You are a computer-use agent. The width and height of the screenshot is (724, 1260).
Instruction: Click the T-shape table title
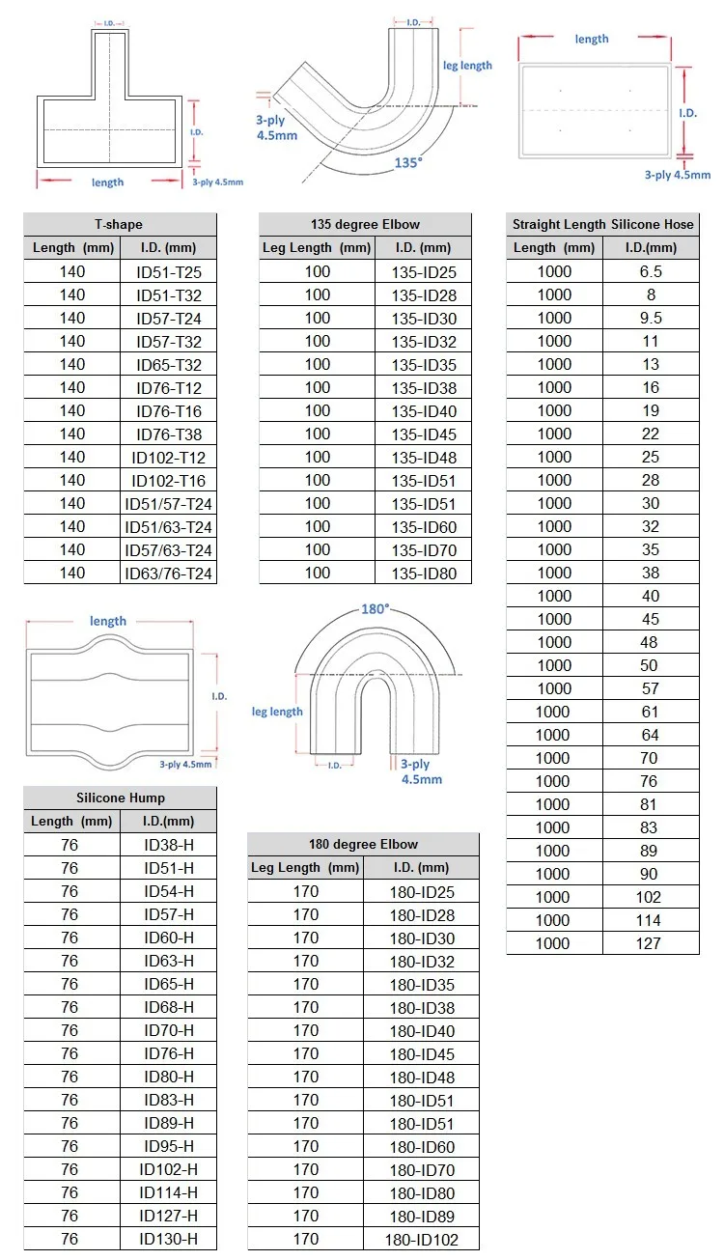[121, 224]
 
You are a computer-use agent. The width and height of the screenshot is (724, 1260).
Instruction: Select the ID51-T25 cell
[169, 272]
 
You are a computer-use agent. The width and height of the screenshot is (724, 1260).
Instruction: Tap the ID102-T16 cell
[169, 481]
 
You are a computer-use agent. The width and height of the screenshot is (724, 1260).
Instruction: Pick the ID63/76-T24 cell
[169, 574]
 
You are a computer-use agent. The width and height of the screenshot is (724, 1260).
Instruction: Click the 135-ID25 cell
[424, 272]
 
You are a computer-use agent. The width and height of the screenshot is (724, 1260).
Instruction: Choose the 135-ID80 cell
[424, 574]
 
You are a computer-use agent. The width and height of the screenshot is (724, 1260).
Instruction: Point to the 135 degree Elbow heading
[365, 224]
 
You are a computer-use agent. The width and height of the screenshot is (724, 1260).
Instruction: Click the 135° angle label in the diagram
[408, 162]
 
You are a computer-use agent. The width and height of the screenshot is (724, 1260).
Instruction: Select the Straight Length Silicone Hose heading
[602, 224]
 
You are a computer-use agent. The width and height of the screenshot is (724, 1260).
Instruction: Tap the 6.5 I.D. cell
[651, 271]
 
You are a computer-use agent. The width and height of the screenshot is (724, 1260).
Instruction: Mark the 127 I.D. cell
[651, 943]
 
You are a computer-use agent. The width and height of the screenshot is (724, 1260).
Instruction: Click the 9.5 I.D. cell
[651, 318]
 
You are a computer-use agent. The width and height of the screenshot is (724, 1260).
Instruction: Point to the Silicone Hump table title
[121, 798]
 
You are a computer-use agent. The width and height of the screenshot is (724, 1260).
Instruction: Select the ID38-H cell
[169, 845]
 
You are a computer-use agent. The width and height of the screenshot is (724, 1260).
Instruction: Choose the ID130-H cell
[169, 1239]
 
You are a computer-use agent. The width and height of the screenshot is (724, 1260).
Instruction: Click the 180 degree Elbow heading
[363, 844]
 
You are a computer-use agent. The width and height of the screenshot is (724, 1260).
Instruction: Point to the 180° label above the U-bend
[375, 609]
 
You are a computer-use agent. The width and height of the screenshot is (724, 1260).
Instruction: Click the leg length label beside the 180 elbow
[277, 712]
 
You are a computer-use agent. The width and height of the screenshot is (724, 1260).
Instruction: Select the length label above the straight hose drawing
[592, 39]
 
